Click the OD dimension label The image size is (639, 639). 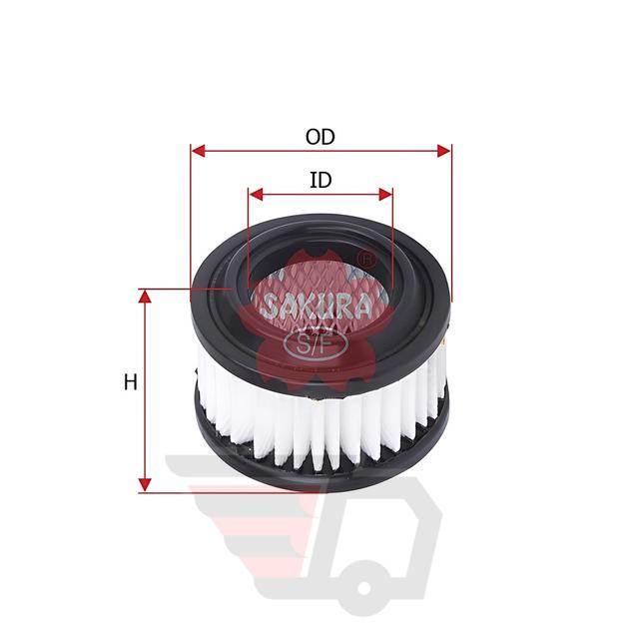(320, 137)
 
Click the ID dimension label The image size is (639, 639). (320, 180)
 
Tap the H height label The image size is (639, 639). (131, 382)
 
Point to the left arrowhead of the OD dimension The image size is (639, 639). (198, 151)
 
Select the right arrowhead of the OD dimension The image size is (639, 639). (444, 151)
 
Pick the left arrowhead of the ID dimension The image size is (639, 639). (256, 195)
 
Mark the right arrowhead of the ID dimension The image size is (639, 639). (385, 195)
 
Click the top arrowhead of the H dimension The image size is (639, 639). (145, 297)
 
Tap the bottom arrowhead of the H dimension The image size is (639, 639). (145, 485)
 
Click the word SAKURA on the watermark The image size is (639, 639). (318, 307)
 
